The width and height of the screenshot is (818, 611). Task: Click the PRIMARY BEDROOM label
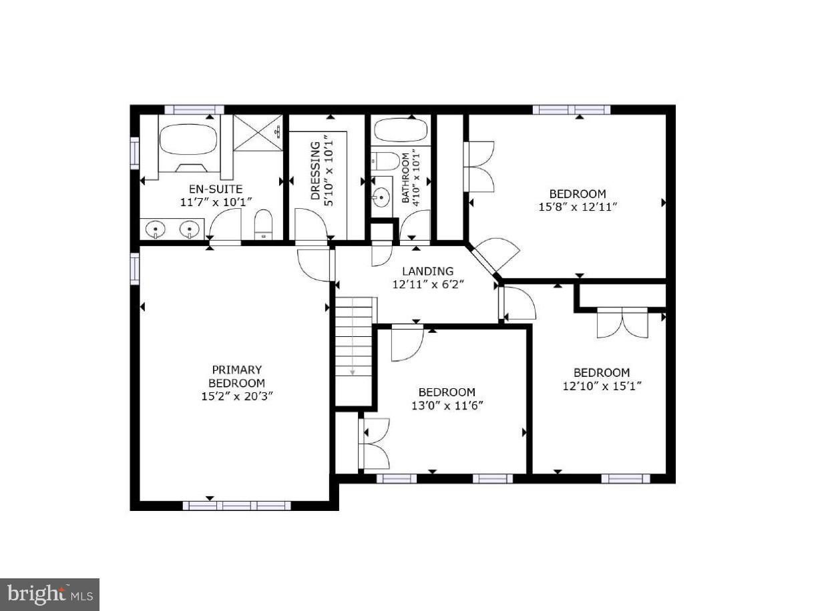click(236, 376)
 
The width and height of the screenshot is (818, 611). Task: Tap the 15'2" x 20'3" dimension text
click(236, 396)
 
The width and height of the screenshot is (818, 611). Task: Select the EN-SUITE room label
click(211, 189)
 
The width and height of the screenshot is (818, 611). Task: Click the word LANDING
click(427, 271)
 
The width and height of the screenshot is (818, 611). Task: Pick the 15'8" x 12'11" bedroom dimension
click(577, 207)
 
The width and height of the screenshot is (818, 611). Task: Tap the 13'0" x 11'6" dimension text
click(447, 405)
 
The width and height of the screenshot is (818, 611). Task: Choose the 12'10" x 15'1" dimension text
click(601, 386)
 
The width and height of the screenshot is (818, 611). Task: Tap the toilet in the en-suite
click(264, 223)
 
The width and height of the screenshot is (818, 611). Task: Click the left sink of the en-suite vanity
click(156, 229)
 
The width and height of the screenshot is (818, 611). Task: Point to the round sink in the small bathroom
click(382, 197)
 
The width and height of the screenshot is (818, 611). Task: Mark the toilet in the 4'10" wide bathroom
click(385, 161)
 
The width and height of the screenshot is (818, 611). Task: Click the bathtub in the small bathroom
click(401, 129)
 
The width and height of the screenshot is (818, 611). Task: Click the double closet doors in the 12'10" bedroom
click(622, 322)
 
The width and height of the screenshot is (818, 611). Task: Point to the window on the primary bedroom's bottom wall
click(236, 506)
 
